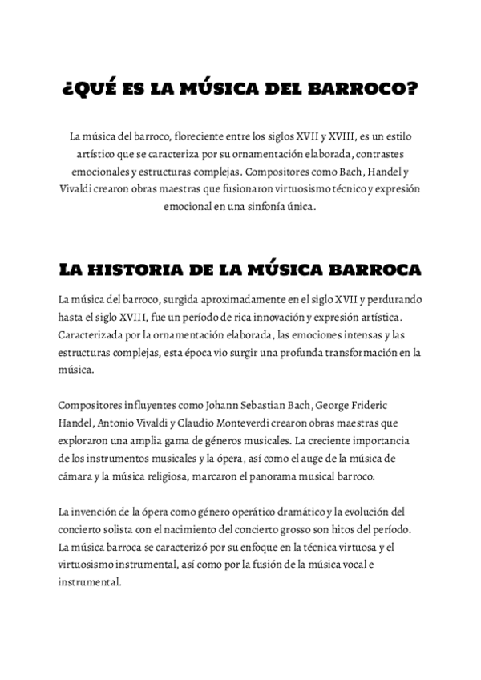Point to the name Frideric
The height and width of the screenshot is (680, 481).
pos(389,405)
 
